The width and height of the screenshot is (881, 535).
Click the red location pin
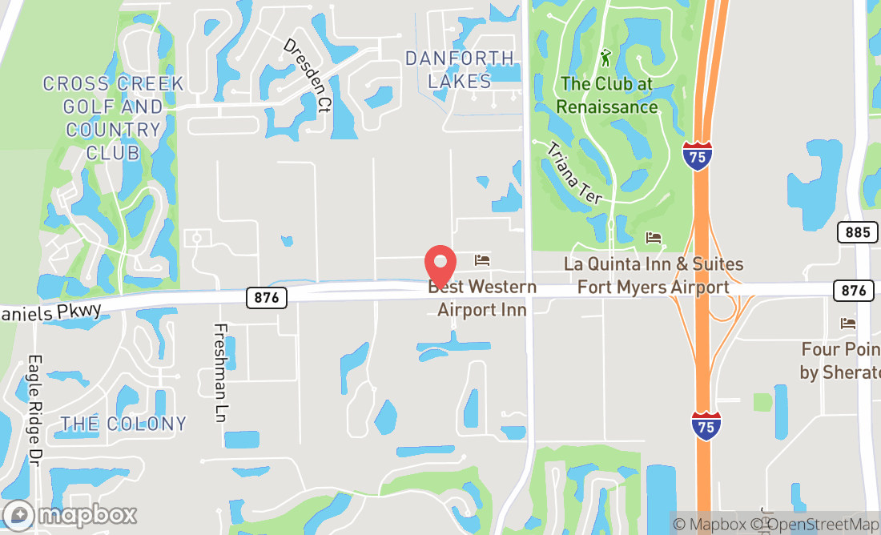[x=440, y=263]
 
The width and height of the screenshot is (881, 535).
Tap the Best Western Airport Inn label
[x=482, y=298]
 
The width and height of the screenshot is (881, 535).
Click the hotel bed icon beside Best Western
[x=482, y=259]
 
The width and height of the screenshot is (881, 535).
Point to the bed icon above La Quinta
[x=654, y=238]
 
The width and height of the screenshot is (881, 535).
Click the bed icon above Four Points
[x=848, y=324]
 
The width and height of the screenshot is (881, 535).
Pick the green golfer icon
[x=605, y=58]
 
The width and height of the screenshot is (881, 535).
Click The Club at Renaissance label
[x=607, y=95]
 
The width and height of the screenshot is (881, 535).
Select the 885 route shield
[x=855, y=233]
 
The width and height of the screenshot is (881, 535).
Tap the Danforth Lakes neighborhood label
[x=459, y=70]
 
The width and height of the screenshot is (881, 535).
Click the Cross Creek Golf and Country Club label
[x=113, y=118]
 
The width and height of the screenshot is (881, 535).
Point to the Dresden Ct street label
[x=307, y=75]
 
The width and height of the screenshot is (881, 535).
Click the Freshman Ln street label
[x=221, y=372]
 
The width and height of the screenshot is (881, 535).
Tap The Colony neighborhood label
[x=123, y=424]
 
